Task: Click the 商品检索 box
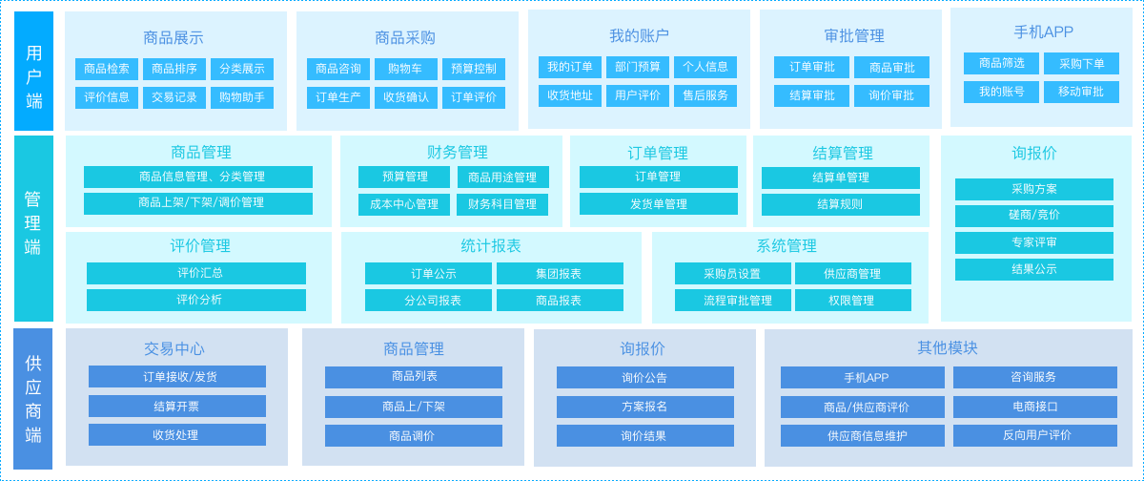(x=107, y=69)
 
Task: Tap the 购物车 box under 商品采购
(x=405, y=69)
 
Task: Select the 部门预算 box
(x=637, y=67)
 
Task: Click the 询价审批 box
(x=891, y=95)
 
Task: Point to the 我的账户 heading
(x=639, y=35)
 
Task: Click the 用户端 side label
(x=33, y=72)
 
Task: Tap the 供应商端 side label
(x=33, y=399)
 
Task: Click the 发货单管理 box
(x=658, y=204)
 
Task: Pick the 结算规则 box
(x=840, y=204)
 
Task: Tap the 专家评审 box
(x=1033, y=242)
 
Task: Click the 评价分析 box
(x=196, y=300)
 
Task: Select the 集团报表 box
(x=560, y=274)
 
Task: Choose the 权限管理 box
(x=852, y=300)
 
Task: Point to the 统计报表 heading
(x=491, y=245)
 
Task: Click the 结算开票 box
(x=176, y=407)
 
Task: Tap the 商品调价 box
(x=413, y=436)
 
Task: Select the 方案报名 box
(x=644, y=407)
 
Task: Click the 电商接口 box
(x=1034, y=407)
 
